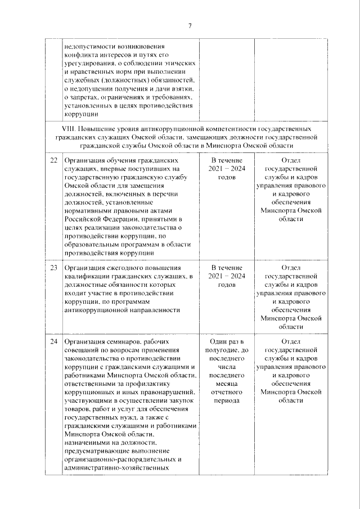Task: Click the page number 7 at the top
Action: (190, 26)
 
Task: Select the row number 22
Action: (53, 160)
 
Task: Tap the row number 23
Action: (53, 267)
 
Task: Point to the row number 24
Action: (53, 341)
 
